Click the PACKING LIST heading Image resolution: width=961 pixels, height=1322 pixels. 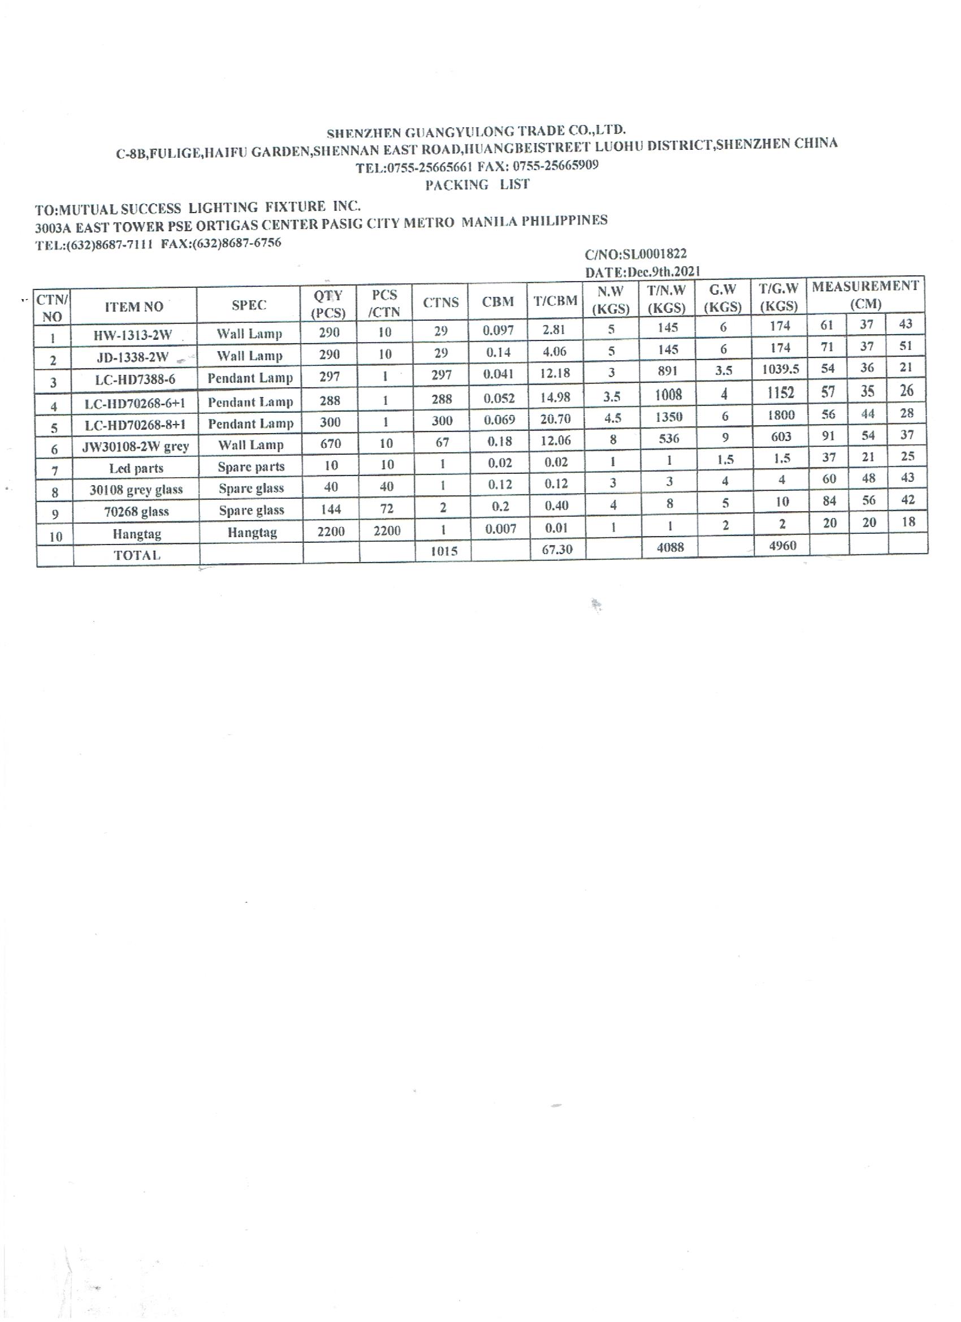477,185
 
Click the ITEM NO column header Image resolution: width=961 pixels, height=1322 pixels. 134,306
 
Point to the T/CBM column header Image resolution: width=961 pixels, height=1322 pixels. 555,301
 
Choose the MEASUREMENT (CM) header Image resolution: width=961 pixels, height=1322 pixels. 865,295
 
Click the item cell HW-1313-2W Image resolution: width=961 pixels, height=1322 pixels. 133,335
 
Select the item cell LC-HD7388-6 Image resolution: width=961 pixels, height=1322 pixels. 135,380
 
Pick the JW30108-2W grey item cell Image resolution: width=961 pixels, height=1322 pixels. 135,447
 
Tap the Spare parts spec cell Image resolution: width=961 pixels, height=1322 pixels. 251,467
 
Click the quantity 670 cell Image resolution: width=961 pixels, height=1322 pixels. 331,443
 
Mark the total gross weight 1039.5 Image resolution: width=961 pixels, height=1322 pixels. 780,370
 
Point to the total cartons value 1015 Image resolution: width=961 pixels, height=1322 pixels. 444,550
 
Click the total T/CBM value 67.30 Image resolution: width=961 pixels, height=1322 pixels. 557,549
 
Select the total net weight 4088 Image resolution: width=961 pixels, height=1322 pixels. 670,547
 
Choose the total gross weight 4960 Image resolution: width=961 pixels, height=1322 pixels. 782,546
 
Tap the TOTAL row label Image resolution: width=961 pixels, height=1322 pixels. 136,555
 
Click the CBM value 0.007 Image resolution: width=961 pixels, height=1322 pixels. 500,529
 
